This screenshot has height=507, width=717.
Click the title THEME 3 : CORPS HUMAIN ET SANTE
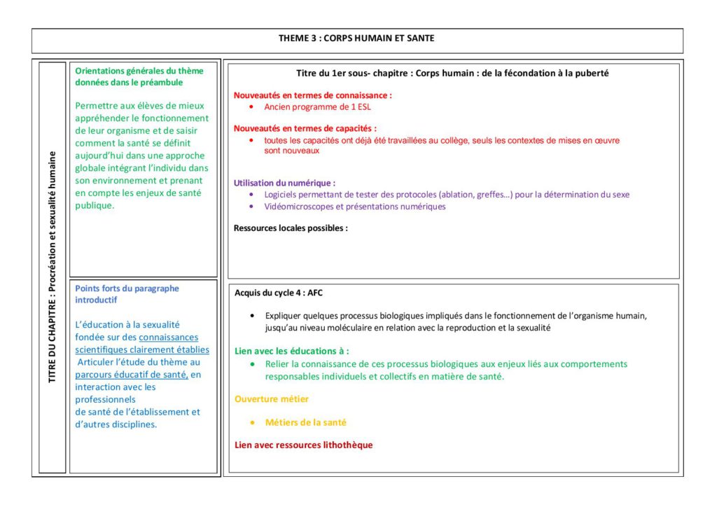(356, 38)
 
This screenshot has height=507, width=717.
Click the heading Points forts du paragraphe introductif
(127, 293)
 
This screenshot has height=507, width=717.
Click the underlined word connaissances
(169, 338)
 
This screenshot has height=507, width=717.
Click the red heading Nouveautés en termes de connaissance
(312, 95)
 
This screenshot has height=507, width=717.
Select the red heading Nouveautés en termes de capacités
(305, 128)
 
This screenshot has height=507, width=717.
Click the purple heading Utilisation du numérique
(284, 183)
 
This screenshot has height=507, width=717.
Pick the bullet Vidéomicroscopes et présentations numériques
(354, 207)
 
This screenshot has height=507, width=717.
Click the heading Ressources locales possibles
(291, 228)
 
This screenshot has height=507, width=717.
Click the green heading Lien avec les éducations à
(291, 351)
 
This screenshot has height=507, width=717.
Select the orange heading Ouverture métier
(272, 399)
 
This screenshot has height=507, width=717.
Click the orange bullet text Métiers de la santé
(305, 422)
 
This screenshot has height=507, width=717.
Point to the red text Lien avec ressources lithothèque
(303, 445)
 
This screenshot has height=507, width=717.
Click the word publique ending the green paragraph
(95, 206)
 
